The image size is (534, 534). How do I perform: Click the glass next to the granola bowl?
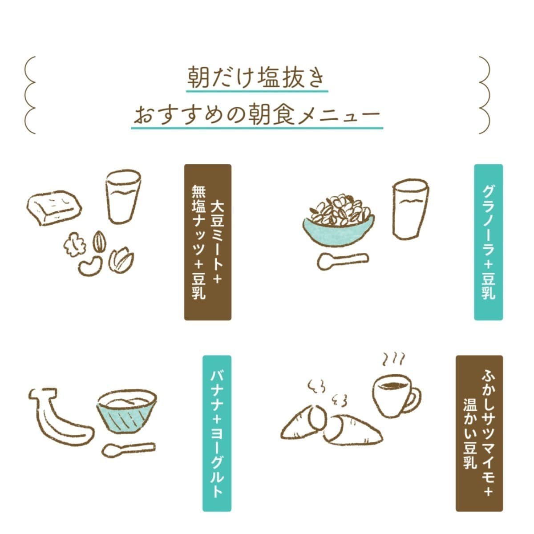coord(410,209)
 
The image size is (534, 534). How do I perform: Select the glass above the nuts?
coord(123,197)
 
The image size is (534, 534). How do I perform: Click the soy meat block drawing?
coord(54,207)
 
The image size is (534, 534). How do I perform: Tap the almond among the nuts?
coord(99,241)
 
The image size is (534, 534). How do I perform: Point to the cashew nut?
coord(90,266)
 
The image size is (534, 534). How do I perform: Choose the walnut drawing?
coord(74,244)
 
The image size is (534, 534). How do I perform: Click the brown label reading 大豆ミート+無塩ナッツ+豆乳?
coord(207,242)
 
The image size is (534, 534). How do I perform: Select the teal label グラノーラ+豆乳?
coord(488,242)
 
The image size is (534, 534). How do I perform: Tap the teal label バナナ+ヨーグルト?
coord(217,433)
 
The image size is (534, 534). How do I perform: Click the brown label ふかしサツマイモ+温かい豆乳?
coord(479,433)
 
